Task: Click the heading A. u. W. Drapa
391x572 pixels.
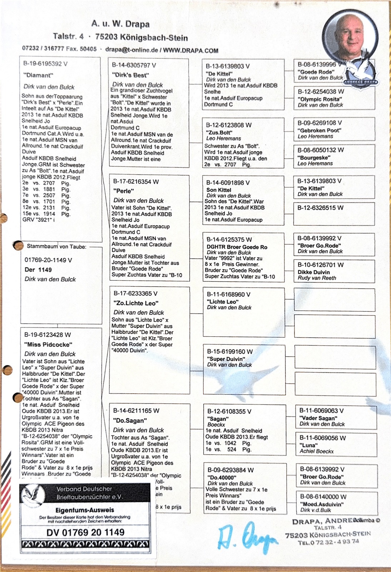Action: [x=120, y=24]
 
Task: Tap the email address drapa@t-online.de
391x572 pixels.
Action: [x=131, y=50]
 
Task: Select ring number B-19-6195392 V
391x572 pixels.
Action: [x=45, y=64]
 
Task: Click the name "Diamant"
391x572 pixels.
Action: [x=38, y=75]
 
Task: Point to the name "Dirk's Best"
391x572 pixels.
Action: [x=130, y=75]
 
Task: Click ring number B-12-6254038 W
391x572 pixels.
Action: [x=321, y=92]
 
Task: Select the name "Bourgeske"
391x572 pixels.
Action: [x=314, y=157]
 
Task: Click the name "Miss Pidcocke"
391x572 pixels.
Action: [x=48, y=344]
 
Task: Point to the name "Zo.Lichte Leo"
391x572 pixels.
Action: [x=136, y=303]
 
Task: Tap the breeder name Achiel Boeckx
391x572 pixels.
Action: [x=316, y=451]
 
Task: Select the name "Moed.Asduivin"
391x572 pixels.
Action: [x=322, y=504]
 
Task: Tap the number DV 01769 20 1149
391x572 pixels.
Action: [x=85, y=532]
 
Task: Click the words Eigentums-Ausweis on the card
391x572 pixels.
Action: [x=85, y=510]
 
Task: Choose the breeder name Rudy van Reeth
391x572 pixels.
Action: [x=317, y=278]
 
